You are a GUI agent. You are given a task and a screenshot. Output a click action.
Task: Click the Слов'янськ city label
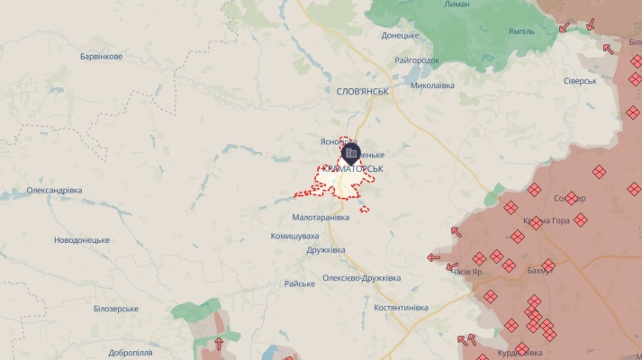click(362, 91)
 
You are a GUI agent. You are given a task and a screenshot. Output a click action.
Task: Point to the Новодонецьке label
click(82, 240)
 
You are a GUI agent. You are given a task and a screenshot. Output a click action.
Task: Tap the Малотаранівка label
click(321, 218)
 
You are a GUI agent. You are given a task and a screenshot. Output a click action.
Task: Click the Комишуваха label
click(294, 236)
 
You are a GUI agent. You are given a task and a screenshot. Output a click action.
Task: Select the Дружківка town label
click(326, 250)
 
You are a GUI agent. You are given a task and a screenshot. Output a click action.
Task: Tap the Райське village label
click(299, 283)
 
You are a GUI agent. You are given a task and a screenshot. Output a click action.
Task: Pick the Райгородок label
click(417, 60)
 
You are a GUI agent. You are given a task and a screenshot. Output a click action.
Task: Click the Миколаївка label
click(432, 85)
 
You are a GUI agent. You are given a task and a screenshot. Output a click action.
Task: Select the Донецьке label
click(400, 36)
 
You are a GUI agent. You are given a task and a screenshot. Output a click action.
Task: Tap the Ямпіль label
click(520, 31)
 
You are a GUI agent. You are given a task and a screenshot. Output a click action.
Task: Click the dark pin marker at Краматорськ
click(350, 153)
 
